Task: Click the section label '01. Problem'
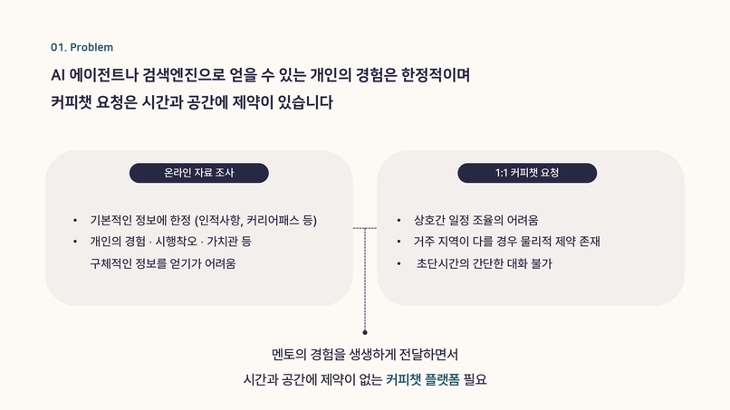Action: point(82,47)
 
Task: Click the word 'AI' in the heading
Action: point(57,75)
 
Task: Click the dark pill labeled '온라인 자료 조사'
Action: point(198,173)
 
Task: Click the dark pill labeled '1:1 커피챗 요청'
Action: point(527,173)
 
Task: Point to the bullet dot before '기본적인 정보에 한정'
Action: point(75,220)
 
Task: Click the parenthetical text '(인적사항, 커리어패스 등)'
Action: point(255,220)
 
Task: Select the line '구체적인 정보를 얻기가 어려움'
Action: point(163,263)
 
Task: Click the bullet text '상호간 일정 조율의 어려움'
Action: point(475,220)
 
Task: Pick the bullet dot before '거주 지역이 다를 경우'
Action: point(399,242)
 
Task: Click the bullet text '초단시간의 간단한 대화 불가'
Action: point(485,264)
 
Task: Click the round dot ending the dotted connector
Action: point(365,332)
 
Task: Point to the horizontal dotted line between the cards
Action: point(365,228)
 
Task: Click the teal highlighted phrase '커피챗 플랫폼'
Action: point(423,380)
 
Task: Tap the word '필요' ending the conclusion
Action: point(475,380)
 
